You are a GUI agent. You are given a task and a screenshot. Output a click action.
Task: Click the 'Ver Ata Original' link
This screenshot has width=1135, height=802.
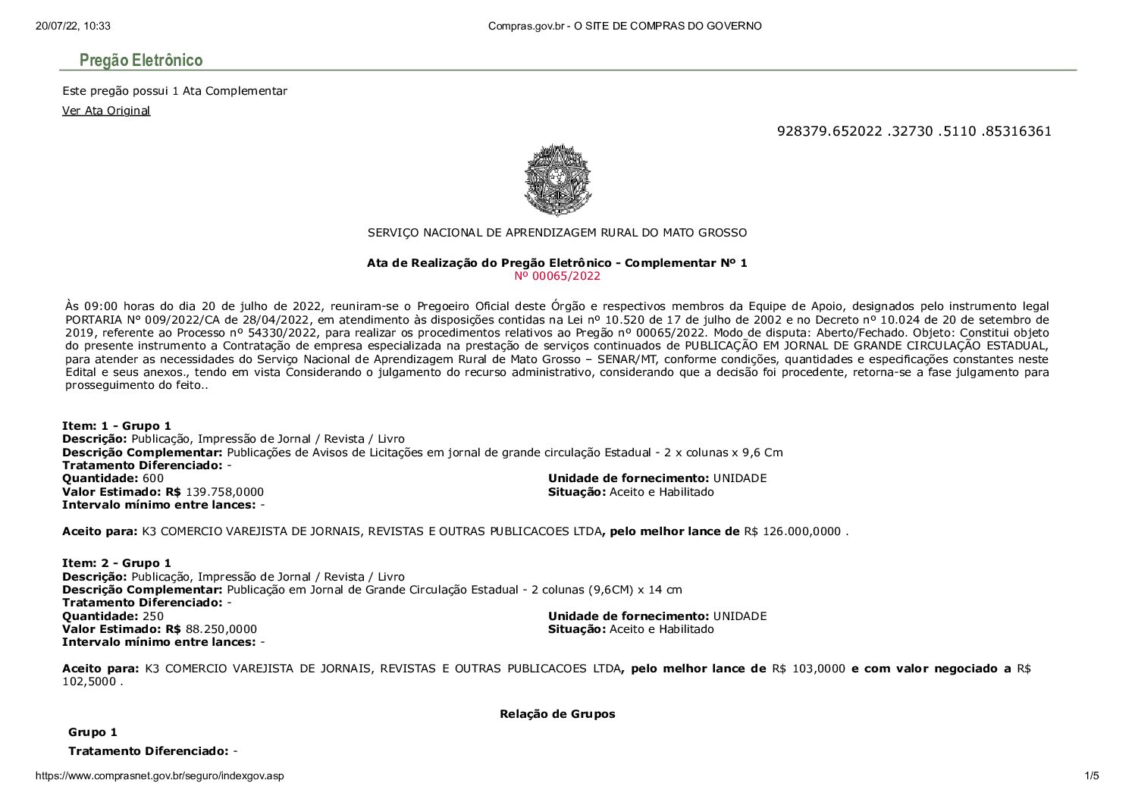pos(106,111)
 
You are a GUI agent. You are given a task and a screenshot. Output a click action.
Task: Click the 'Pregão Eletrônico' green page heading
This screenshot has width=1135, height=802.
pos(141,60)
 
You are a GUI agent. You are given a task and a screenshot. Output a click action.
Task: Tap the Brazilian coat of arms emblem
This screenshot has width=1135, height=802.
pos(557,180)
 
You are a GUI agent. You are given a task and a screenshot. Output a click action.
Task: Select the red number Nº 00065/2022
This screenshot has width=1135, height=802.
pos(557,276)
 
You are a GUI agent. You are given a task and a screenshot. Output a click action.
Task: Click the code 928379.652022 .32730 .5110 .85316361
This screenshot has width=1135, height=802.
pos(914,131)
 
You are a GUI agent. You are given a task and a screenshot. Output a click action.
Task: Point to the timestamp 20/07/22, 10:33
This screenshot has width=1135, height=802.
pos(73,26)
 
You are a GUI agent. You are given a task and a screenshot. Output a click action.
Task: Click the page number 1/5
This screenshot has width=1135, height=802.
pos(1091,775)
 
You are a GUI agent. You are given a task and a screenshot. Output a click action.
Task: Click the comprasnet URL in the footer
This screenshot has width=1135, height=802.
pos(159,775)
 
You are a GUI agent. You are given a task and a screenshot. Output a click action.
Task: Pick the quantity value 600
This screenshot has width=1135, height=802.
pos(153,478)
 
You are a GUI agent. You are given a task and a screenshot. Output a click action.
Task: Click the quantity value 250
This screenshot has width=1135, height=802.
pos(153,616)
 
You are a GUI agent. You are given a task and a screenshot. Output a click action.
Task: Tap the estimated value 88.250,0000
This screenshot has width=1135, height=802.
pos(221,629)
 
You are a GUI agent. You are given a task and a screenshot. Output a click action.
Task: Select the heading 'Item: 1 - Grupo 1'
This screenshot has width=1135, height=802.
pos(117,426)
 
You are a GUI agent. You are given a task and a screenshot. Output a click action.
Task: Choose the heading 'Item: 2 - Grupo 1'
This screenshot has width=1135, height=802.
pos(117,563)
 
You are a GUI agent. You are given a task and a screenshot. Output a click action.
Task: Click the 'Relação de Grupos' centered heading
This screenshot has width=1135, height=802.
pos(557,714)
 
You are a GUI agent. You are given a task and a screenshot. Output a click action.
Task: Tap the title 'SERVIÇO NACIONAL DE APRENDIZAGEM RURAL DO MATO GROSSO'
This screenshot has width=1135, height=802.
pos(557,233)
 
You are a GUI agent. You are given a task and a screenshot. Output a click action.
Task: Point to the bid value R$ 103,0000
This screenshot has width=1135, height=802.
pos(808,669)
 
